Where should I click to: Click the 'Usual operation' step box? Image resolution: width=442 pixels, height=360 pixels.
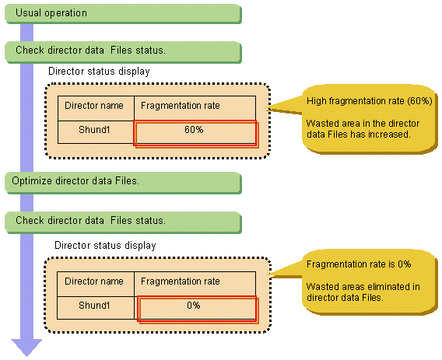[123, 13]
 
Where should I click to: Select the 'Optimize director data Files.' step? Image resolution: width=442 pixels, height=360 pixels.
[123, 183]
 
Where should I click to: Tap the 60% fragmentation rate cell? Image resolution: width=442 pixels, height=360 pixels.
[195, 132]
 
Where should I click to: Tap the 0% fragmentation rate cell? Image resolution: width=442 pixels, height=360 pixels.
[195, 308]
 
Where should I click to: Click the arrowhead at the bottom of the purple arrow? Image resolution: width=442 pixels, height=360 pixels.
[26, 348]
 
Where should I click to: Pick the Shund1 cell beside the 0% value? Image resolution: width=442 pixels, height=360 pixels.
[95, 308]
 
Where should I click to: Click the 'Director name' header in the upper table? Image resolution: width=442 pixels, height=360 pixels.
[94, 106]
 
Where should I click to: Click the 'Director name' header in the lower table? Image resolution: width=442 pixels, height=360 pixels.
[94, 281]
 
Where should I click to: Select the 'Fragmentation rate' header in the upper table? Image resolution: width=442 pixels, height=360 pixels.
[181, 106]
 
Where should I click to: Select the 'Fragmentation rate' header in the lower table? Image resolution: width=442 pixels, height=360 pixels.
[181, 281]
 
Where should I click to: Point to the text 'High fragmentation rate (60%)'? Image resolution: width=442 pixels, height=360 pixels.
[370, 101]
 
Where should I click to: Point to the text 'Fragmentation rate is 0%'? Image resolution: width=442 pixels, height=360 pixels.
[359, 264]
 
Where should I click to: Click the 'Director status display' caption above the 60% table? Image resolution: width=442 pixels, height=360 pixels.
[99, 72]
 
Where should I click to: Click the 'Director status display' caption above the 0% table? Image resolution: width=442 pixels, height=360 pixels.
[105, 246]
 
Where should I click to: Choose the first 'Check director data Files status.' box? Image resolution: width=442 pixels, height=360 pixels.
[123, 52]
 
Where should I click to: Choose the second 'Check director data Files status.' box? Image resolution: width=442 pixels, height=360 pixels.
[123, 222]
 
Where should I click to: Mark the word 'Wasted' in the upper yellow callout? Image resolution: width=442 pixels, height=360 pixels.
[321, 124]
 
